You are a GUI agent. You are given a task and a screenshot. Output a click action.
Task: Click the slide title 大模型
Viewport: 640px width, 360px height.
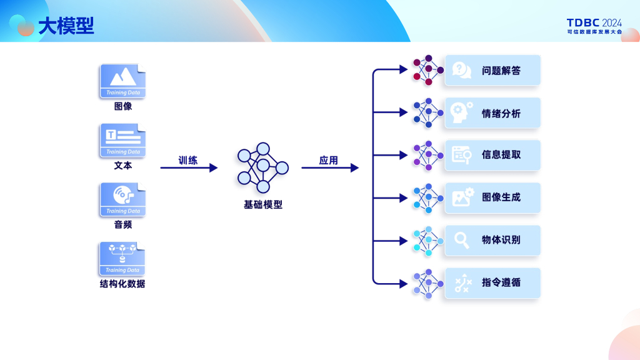tap(66, 26)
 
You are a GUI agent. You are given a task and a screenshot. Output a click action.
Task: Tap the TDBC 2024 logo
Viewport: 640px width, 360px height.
tap(594, 26)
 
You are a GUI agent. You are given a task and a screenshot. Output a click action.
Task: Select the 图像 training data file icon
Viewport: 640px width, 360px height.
tap(123, 81)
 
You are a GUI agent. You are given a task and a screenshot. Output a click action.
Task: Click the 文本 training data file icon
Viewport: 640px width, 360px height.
tap(123, 140)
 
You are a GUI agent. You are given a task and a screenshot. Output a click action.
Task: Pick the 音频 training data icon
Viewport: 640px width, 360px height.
tap(123, 199)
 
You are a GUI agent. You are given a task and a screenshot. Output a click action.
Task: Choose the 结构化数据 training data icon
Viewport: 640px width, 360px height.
tap(122, 258)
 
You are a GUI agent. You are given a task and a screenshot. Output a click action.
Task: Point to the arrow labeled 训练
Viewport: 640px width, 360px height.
tap(189, 167)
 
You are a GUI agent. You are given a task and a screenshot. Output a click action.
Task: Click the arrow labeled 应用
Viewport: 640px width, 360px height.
tap(330, 167)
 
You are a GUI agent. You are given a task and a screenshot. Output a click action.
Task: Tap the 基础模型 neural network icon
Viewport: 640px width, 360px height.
tap(263, 167)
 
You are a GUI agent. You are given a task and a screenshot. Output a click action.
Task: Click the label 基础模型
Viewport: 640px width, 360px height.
tap(263, 204)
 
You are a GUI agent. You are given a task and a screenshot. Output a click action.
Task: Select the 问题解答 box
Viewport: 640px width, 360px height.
tap(492, 70)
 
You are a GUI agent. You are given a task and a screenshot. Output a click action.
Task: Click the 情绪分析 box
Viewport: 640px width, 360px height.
tap(492, 113)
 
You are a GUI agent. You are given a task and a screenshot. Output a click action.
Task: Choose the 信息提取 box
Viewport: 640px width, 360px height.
tap(492, 155)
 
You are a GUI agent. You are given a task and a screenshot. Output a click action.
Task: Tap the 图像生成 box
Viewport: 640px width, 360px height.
tap(492, 198)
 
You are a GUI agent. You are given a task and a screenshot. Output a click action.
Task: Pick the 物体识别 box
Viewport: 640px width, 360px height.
tap(492, 241)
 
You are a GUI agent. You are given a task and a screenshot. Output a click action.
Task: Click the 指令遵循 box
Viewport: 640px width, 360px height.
tap(492, 283)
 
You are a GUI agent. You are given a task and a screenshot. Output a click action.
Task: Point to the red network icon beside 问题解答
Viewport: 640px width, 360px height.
tap(428, 70)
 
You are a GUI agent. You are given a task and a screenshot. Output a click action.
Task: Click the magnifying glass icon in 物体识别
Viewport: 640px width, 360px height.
tap(462, 241)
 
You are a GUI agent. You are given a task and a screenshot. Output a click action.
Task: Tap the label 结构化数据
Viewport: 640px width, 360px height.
tap(122, 284)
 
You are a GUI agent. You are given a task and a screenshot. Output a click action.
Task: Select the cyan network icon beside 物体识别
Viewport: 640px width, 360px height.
tap(428, 241)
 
